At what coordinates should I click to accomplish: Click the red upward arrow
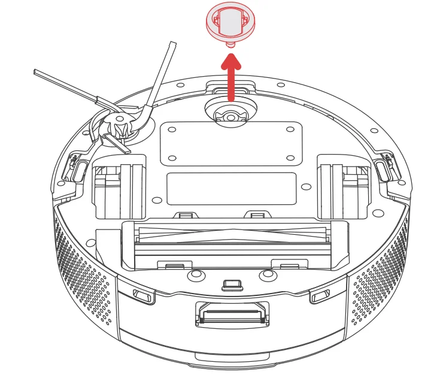(231, 75)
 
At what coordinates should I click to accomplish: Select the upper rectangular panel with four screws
(231, 144)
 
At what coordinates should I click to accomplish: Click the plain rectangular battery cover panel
(231, 189)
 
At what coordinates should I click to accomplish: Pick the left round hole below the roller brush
(195, 276)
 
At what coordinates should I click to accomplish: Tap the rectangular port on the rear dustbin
(232, 314)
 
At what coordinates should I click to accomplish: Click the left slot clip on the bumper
(143, 295)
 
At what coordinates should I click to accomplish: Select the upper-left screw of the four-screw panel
(172, 129)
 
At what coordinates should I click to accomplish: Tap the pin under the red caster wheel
(230, 44)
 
